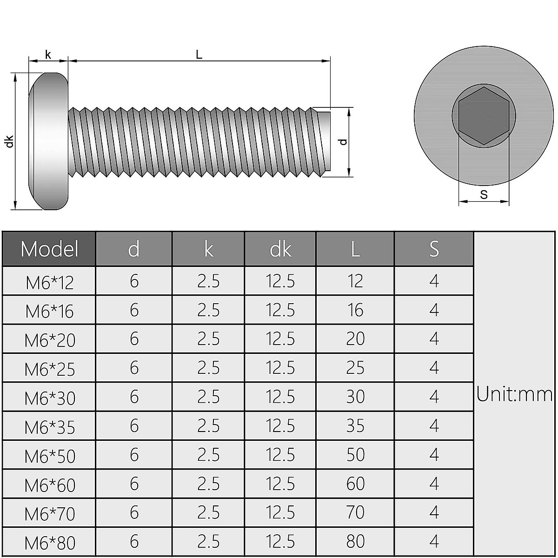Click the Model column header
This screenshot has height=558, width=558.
49,249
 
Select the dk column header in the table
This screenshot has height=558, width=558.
280,250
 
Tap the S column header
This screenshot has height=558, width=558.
434,249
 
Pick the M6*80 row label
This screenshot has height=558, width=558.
50,543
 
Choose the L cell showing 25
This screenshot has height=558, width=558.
355,368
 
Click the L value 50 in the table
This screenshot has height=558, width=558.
355,455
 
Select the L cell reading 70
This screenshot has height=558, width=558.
355,513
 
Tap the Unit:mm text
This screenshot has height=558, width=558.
514,395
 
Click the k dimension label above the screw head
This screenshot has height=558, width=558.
48,54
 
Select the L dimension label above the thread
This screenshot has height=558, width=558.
199,54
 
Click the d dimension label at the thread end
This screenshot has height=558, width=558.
343,142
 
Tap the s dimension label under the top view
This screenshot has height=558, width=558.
484,194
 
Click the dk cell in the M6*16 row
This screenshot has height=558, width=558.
280,310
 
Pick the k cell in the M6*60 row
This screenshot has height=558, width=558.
208,484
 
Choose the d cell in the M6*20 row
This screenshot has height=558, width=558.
134,339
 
